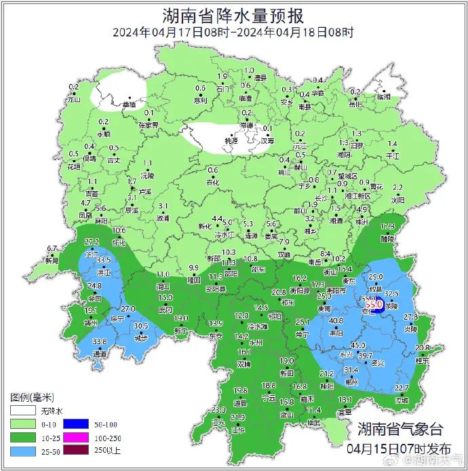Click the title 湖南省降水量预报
[233, 15]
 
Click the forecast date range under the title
[233, 32]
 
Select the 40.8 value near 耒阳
[336, 321]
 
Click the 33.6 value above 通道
[100, 341]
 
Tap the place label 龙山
[74, 100]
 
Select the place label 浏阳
[397, 202]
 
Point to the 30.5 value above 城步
[140, 325]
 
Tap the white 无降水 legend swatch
[21, 411]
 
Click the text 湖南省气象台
[399, 429]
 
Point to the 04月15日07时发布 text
[398, 449]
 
